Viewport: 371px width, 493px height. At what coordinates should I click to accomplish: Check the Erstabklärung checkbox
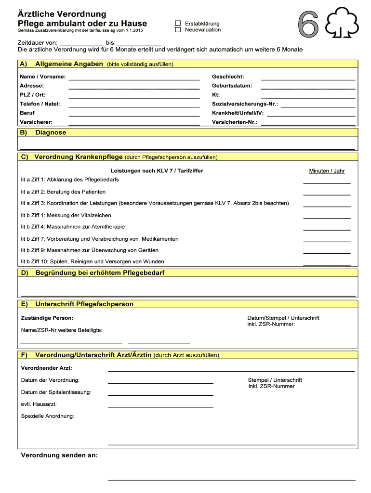pos(178,23)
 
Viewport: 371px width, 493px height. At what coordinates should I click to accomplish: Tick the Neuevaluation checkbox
pos(178,30)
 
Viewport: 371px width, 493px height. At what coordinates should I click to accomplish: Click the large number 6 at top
pos(308,24)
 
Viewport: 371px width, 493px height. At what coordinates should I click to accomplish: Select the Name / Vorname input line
pos(134,78)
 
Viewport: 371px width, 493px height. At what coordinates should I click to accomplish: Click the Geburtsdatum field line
pos(308,87)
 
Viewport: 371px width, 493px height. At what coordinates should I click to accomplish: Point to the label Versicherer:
pos(36,122)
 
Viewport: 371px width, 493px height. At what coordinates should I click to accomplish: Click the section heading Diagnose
pos(51,132)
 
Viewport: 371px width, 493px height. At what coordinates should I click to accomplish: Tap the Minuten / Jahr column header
pos(327,171)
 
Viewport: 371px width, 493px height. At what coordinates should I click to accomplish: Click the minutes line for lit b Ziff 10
pos(327,264)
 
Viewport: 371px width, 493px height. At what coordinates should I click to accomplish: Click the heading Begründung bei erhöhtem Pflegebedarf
pos(100,273)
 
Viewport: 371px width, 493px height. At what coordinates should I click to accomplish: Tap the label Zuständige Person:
pos(47,318)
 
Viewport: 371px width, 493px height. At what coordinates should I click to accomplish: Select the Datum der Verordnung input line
pos(160,382)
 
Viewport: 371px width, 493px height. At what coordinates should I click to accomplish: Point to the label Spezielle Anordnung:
pos(48,416)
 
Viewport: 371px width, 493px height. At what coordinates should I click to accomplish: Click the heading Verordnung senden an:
pos(59,455)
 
